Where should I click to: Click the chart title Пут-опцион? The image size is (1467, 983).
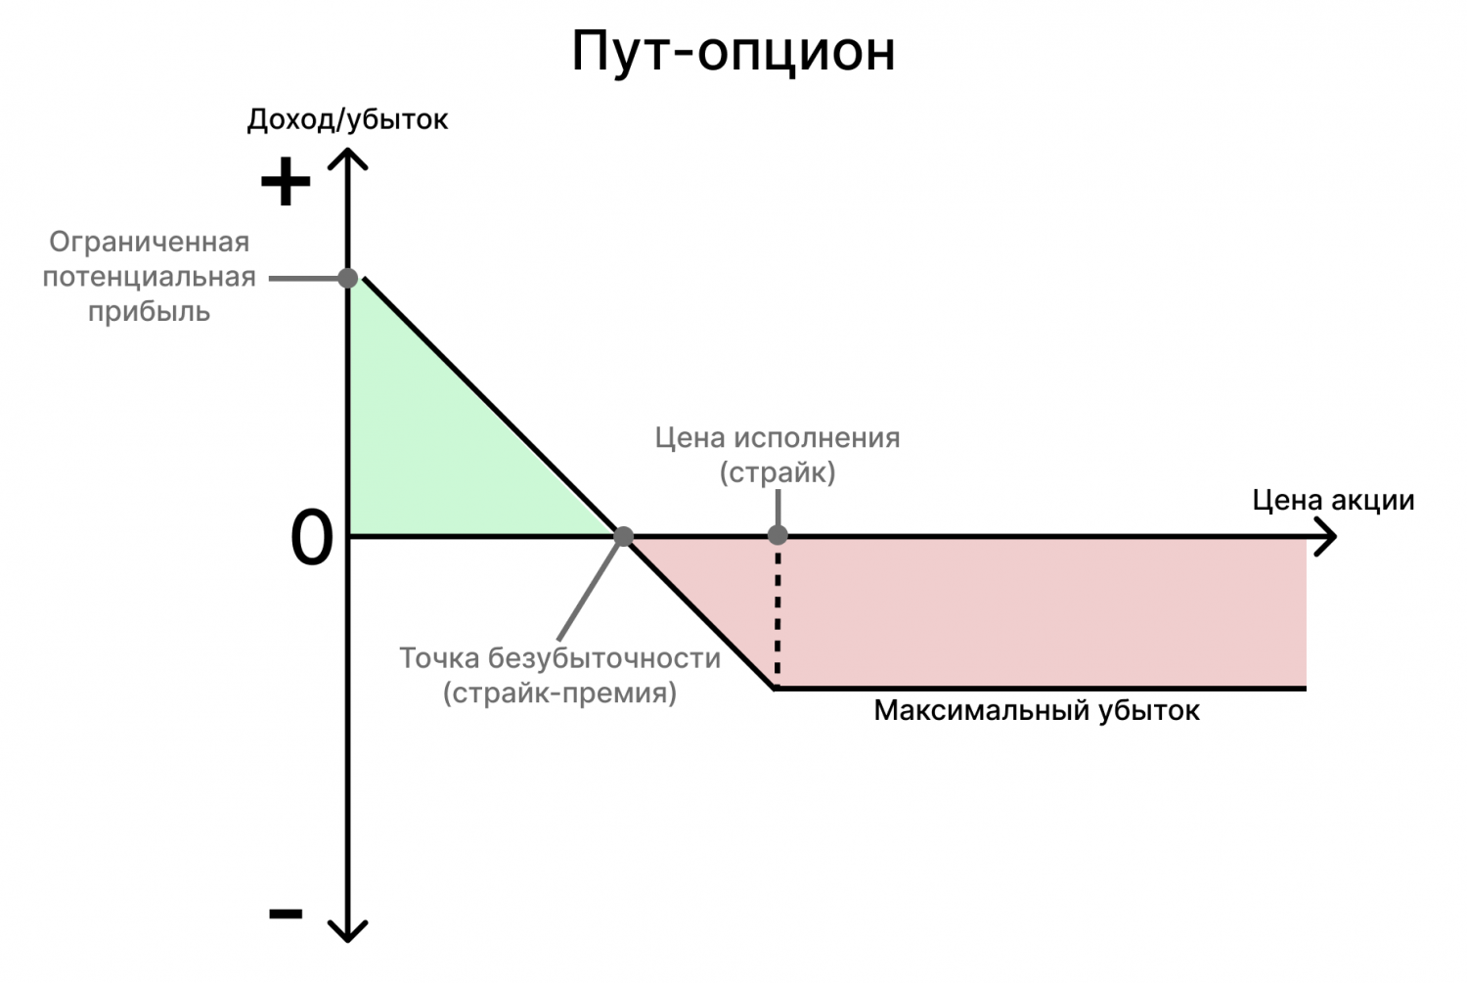coord(733,51)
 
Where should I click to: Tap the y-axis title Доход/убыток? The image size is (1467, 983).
coord(347,119)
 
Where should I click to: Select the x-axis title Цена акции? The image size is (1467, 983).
coord(1333,501)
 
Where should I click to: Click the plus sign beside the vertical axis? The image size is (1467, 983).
coord(285,182)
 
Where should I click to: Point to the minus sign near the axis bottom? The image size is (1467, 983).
coord(286,914)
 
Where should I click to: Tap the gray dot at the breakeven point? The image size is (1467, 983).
coord(623,536)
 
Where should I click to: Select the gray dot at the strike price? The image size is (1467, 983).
coord(778,535)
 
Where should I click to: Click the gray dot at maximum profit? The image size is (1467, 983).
coord(347,278)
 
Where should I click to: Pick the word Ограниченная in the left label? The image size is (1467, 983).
coord(149,242)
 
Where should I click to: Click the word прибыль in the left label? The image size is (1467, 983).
coord(149,312)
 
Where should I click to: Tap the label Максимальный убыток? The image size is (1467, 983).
coord(1037,710)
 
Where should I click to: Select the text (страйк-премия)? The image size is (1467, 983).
coord(559,693)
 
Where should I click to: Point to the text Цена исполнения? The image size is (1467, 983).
coord(778,437)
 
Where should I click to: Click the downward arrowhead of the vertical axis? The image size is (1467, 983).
coord(347,931)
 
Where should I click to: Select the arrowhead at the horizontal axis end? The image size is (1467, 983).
coord(1326,537)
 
